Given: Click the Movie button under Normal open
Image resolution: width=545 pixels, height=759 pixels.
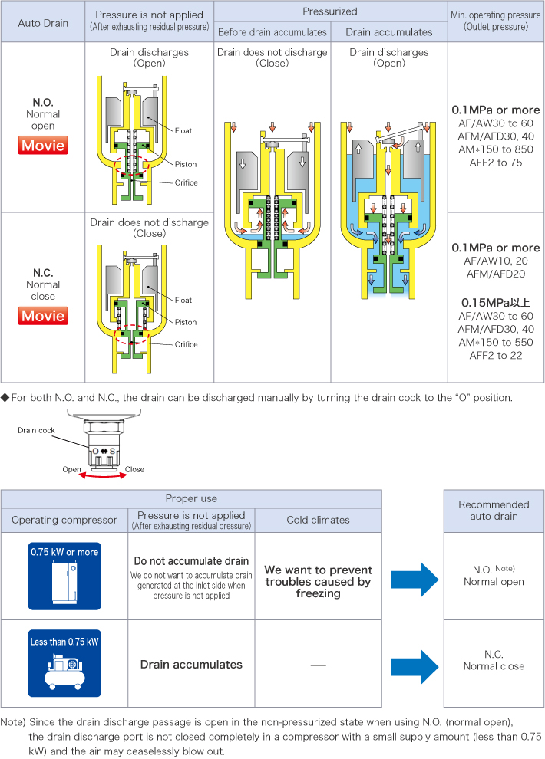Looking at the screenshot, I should [x=44, y=145].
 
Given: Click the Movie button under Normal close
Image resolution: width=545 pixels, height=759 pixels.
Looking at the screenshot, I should [x=44, y=315].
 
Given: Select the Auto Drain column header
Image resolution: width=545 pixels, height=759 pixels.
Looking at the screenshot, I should [x=44, y=22].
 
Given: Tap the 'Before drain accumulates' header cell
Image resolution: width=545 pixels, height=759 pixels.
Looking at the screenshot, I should [x=272, y=31].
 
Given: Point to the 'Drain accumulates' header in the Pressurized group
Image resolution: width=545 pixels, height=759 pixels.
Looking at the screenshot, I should [x=388, y=31].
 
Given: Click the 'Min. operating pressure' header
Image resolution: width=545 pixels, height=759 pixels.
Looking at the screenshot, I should [x=495, y=21].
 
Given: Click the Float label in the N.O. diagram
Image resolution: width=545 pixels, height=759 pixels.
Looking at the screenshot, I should [x=183, y=130].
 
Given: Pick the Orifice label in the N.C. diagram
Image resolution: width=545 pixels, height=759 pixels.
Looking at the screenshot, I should [x=186, y=344].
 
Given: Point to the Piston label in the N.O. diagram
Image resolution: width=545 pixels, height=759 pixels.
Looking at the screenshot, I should [x=186, y=164].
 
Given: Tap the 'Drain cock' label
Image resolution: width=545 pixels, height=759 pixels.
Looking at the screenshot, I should [x=35, y=430].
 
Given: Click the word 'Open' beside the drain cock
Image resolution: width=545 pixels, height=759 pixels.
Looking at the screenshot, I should [x=71, y=469].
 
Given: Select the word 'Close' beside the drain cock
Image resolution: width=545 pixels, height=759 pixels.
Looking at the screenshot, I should [x=134, y=469].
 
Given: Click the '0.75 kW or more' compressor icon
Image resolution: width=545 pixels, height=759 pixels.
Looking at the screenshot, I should [x=64, y=576].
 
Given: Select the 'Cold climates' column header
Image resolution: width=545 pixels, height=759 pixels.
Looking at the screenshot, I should [x=318, y=520].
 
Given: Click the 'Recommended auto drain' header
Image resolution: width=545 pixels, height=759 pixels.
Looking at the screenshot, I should [x=494, y=511].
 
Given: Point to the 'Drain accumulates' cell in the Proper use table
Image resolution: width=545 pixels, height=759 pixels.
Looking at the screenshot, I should [x=191, y=664].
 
